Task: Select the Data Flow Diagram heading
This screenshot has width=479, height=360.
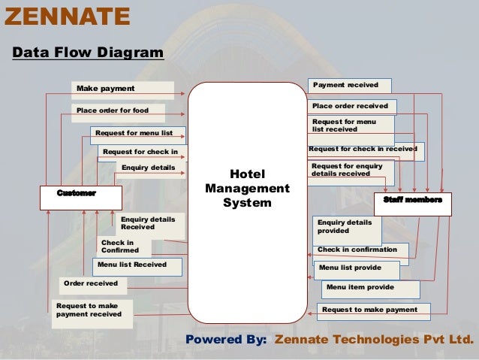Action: point(88,53)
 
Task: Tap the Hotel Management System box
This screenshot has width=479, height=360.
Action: point(248,188)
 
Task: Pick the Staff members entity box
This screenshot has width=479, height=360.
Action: point(412,201)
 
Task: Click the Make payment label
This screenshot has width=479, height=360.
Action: point(106,89)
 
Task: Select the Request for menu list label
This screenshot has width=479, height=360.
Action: point(133,133)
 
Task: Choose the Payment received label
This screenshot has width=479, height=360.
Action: point(346,85)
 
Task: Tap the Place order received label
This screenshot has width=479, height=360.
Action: point(350,106)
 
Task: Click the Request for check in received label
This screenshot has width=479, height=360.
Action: point(363,149)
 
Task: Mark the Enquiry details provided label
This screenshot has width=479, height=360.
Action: point(345,227)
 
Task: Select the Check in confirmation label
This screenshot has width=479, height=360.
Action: point(357,249)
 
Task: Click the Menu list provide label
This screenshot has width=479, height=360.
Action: point(350,267)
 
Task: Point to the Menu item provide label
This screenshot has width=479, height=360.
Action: point(360,287)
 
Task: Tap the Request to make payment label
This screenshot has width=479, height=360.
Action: point(369,310)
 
